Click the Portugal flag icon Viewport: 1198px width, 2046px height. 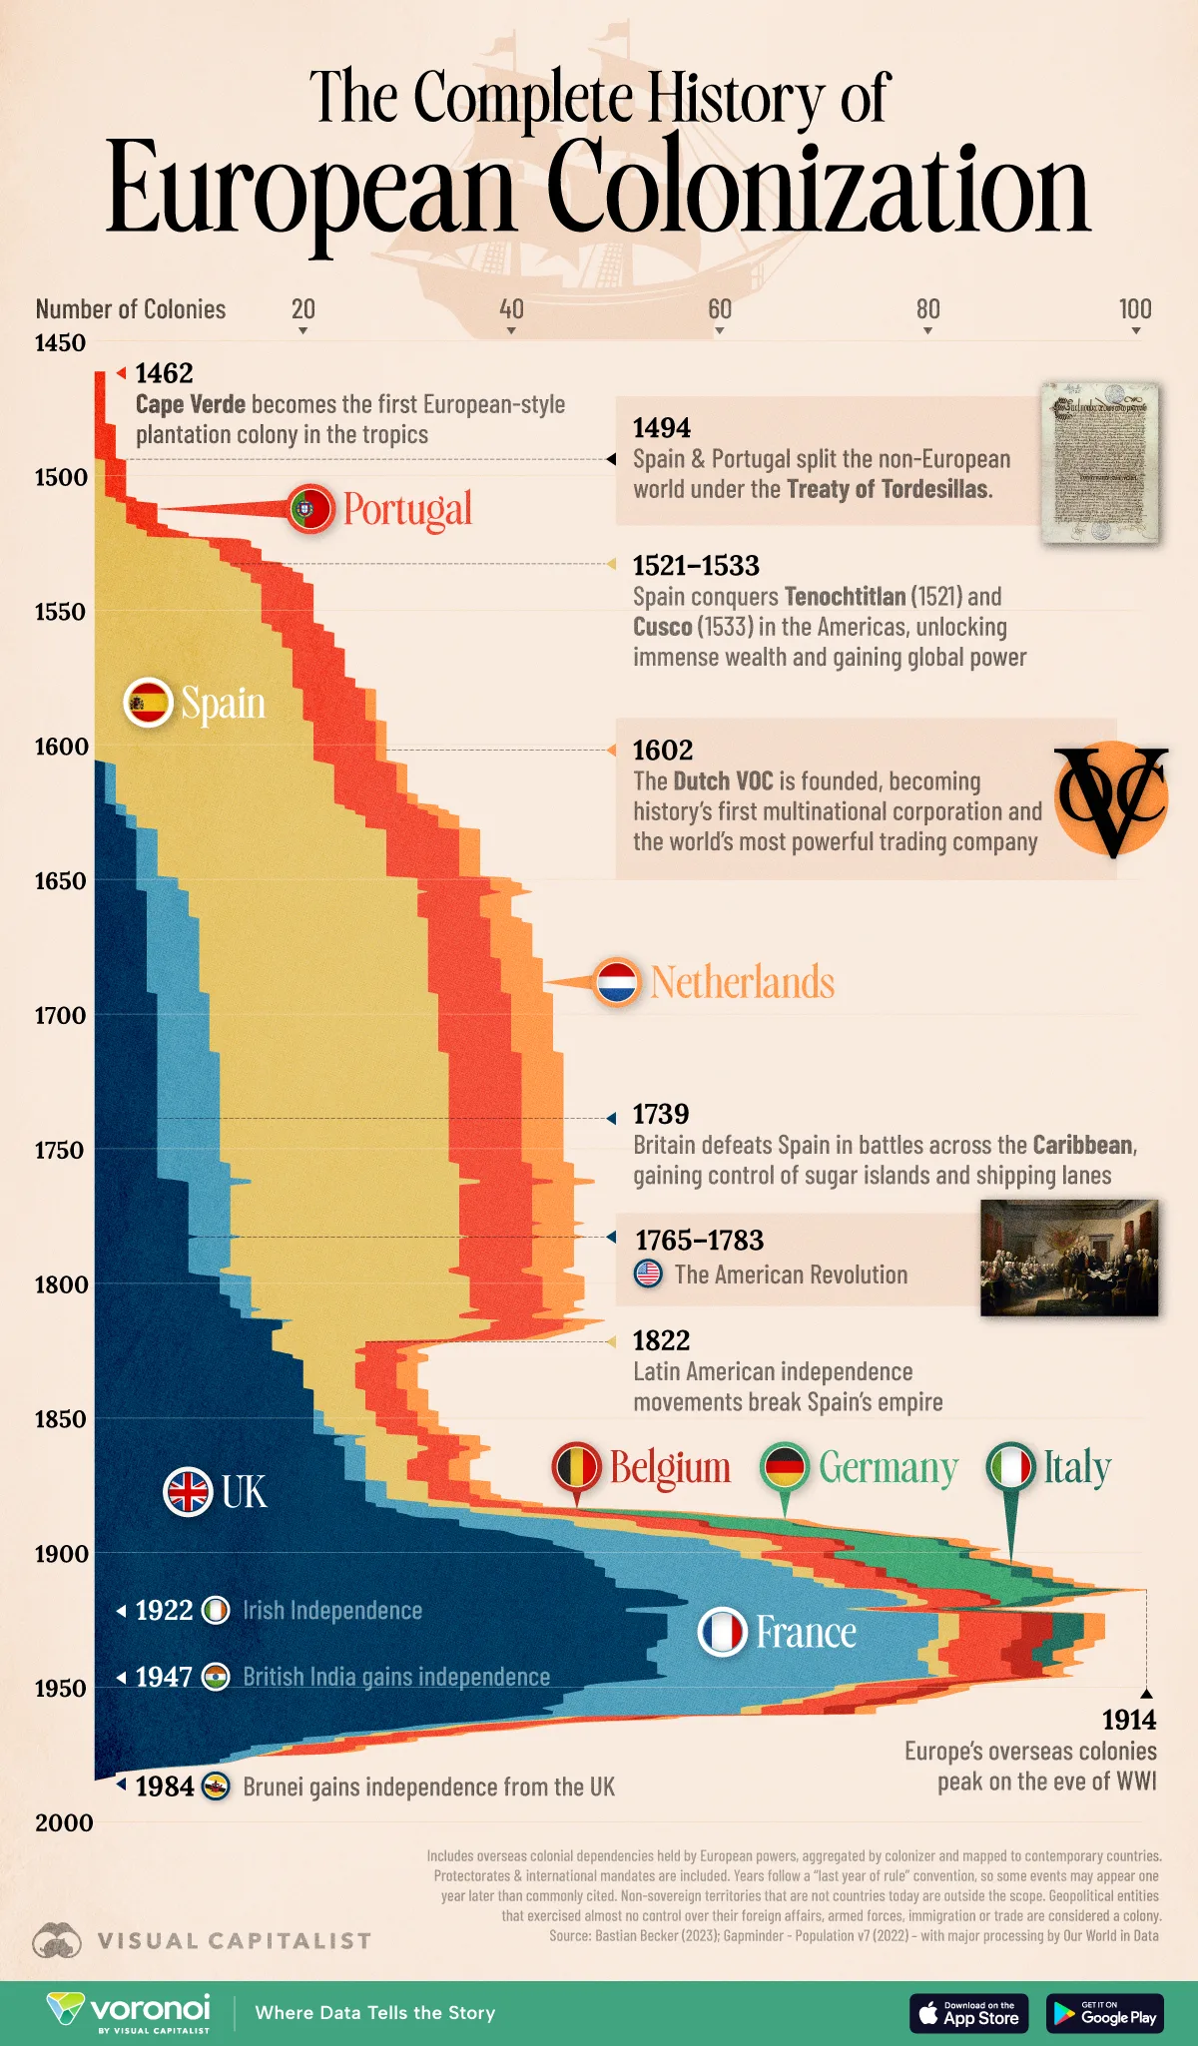(x=310, y=509)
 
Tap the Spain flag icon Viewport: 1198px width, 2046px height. (x=148, y=702)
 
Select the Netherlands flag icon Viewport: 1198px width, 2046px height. (x=616, y=982)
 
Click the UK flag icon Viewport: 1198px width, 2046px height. (x=188, y=1492)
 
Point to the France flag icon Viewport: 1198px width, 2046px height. (x=722, y=1632)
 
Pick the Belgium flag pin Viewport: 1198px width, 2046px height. (x=576, y=1467)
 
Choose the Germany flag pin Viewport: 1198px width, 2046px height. (x=785, y=1467)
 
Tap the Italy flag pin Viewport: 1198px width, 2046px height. (x=1010, y=1467)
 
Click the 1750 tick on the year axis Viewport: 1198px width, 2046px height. (x=61, y=1150)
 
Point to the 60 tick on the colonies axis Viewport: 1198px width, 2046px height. (x=719, y=309)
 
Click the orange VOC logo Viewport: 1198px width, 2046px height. (x=1111, y=798)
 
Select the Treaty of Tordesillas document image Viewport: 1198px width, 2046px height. (x=1100, y=462)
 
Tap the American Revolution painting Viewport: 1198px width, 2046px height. (x=1068, y=1258)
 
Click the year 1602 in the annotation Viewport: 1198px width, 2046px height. (x=662, y=750)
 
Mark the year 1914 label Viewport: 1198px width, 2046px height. (x=1128, y=1720)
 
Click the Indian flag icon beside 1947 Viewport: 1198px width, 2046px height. (x=216, y=1677)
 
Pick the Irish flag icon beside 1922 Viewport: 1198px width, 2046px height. (x=216, y=1610)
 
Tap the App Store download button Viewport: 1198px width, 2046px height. (x=967, y=2013)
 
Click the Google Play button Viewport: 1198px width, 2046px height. (x=1104, y=2013)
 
